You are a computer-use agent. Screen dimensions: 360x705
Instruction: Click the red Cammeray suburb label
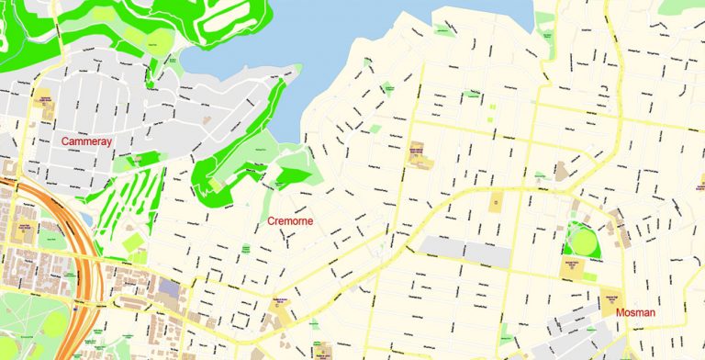pos(86,141)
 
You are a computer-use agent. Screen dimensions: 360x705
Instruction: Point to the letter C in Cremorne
pos(271,221)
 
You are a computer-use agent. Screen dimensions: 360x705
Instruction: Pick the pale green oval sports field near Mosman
pos(582,240)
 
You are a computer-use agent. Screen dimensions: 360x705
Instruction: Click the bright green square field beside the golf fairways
pos(134,243)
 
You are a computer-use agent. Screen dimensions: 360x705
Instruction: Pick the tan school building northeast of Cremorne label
pos(419,156)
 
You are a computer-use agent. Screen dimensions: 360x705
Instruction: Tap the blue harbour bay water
pos(367,37)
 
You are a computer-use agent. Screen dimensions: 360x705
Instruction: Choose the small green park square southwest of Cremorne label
pos(246,249)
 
